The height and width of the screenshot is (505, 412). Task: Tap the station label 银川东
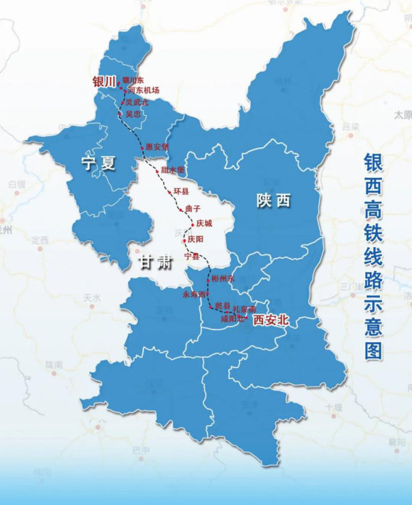134,81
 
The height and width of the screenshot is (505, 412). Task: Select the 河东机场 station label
143,91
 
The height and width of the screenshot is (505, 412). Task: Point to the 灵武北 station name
136,102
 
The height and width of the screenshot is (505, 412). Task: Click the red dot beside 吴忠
122,114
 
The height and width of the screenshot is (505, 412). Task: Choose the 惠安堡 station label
156,146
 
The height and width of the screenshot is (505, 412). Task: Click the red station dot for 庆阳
184,240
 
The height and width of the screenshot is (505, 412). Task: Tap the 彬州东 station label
222,278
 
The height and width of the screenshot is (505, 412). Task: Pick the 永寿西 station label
194,294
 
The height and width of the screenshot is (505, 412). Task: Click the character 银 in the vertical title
373,164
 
